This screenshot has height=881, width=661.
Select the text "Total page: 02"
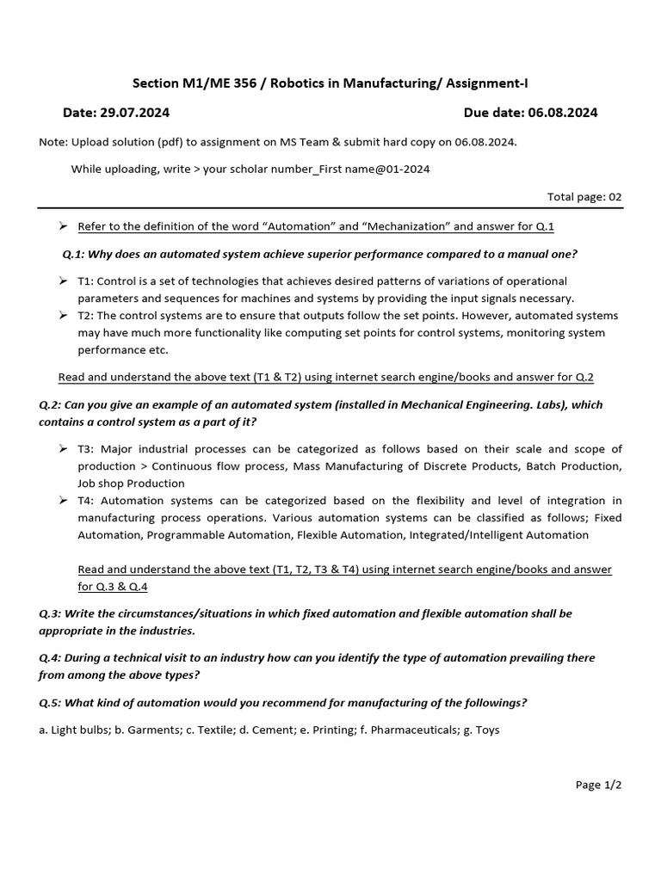584,196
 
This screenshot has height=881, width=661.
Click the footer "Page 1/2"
598,785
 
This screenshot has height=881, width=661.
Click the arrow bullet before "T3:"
63,449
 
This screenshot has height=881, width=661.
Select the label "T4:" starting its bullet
88,501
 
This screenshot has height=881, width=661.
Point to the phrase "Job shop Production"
131,484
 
